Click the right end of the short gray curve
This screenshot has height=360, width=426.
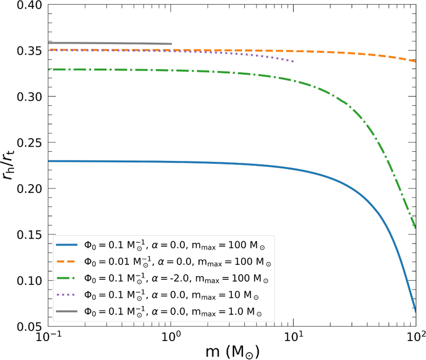coord(171,44)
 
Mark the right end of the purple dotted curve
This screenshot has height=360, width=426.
coord(293,62)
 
